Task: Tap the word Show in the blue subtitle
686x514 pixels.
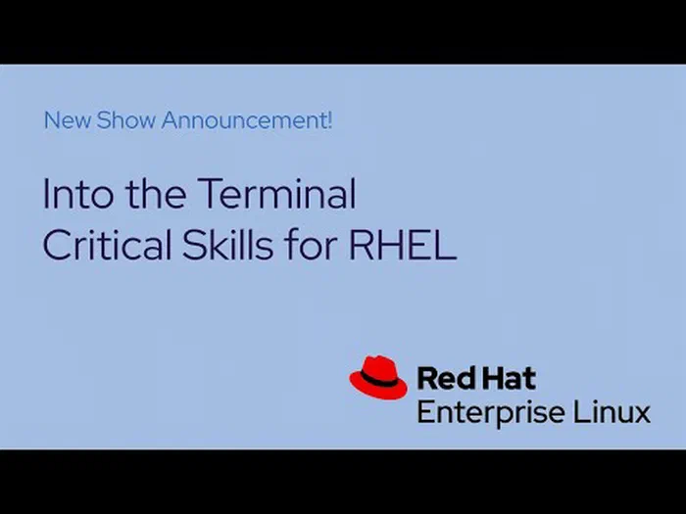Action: (x=126, y=120)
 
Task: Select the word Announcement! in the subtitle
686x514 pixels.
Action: (x=247, y=120)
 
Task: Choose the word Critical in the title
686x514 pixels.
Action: (x=107, y=244)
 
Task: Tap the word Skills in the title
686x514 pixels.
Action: (x=227, y=244)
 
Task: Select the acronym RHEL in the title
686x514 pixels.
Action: (x=403, y=245)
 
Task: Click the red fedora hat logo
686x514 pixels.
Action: (x=378, y=377)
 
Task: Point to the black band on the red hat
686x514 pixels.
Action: (x=379, y=379)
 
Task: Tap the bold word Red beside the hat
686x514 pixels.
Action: (x=444, y=378)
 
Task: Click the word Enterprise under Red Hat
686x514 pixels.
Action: (x=491, y=413)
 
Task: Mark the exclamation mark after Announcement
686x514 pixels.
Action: (x=329, y=120)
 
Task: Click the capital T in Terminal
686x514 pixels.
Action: (x=210, y=194)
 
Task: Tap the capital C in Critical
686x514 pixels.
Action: (x=57, y=245)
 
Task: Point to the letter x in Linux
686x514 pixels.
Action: (x=641, y=415)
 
